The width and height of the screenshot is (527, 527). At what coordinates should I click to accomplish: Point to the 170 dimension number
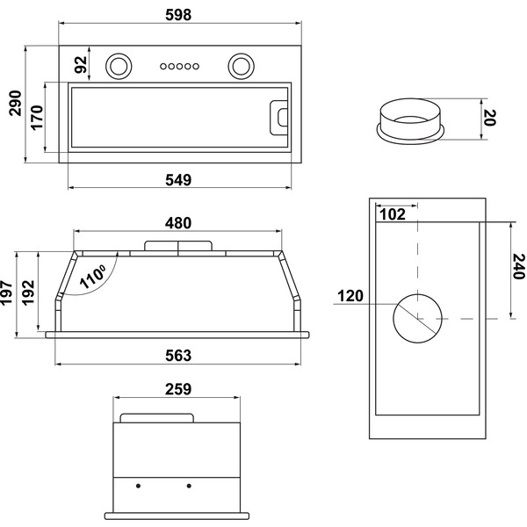pos(37,118)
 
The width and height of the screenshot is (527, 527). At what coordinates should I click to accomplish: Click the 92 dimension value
pos(81,64)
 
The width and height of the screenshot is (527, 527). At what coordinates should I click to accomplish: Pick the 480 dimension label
pos(177,221)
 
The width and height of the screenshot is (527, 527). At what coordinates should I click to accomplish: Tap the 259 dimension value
pos(177,388)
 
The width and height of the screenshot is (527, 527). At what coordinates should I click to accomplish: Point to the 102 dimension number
pos(391,213)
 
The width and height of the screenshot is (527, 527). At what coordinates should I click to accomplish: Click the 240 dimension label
pos(517,266)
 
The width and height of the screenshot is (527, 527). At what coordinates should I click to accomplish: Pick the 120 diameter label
pos(350,295)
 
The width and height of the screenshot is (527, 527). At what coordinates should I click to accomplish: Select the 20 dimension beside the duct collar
pos(490,117)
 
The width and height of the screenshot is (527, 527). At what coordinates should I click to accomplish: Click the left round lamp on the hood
pos(118,65)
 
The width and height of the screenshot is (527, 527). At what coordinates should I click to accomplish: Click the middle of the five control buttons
pos(177,66)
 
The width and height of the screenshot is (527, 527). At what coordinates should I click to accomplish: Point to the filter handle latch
pos(279,116)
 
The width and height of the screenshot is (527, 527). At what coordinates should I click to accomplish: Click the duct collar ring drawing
pos(409,120)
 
